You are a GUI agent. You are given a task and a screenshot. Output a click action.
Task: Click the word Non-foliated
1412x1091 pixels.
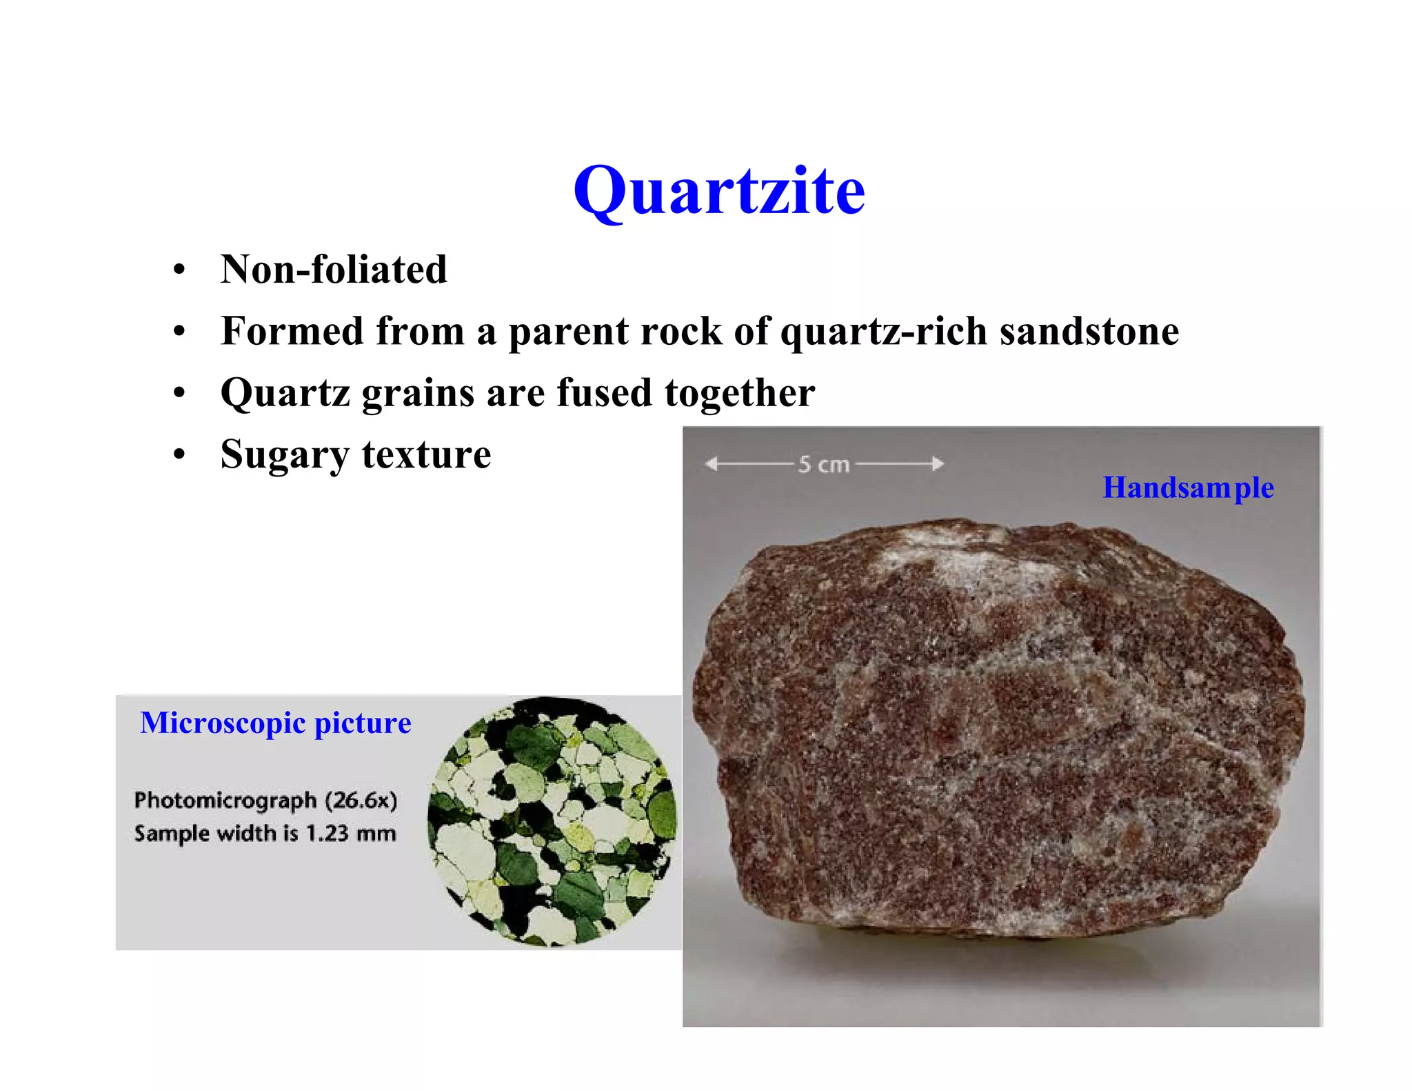click(334, 269)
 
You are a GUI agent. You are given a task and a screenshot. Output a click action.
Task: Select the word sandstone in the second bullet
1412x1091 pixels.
click(1089, 331)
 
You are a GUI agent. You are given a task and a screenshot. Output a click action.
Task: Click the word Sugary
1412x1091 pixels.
click(284, 456)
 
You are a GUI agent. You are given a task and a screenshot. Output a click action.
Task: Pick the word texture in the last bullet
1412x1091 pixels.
click(426, 454)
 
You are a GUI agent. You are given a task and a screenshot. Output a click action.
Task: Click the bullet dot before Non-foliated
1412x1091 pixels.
click(180, 270)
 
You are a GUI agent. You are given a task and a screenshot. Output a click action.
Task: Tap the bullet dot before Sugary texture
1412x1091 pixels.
click(180, 456)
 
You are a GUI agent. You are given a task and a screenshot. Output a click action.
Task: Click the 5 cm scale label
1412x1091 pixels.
click(824, 465)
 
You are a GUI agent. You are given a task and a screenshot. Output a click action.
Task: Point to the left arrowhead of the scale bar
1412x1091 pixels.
click(711, 464)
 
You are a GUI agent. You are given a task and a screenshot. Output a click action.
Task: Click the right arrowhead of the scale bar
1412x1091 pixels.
click(938, 464)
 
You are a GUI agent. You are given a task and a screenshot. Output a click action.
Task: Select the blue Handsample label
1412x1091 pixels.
click(1188, 488)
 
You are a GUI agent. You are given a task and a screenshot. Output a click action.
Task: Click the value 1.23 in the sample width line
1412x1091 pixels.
click(327, 834)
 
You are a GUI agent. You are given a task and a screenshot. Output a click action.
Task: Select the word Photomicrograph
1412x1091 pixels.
click(225, 801)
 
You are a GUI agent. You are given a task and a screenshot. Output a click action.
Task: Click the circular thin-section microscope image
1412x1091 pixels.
click(552, 821)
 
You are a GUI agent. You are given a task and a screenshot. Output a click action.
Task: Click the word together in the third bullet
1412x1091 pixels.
click(740, 392)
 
